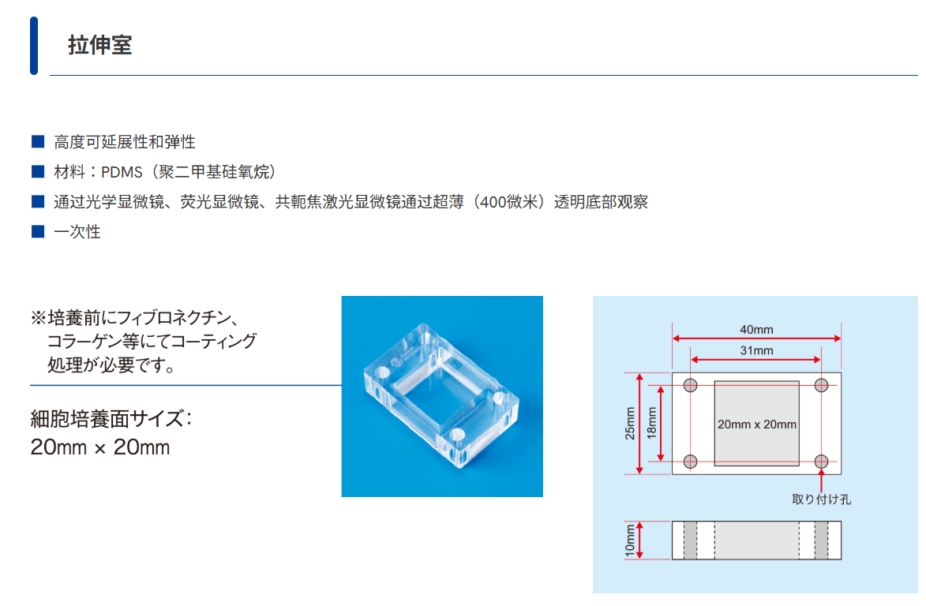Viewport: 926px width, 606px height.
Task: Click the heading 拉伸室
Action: pyautogui.click(x=99, y=45)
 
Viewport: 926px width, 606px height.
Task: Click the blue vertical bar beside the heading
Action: pyautogui.click(x=34, y=46)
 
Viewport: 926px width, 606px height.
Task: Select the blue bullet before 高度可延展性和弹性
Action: pyautogui.click(x=37, y=142)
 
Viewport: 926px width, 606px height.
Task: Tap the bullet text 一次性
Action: pyautogui.click(x=77, y=232)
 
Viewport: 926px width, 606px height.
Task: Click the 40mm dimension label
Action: pyautogui.click(x=756, y=329)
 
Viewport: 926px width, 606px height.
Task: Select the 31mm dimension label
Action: pyautogui.click(x=756, y=350)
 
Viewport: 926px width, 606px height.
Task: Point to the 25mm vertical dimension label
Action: pyautogui.click(x=630, y=424)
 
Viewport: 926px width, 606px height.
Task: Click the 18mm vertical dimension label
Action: pyautogui.click(x=651, y=424)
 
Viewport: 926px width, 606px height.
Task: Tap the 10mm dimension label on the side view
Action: pyautogui.click(x=630, y=541)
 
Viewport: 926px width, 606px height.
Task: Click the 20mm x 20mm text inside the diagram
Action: pyautogui.click(x=757, y=424)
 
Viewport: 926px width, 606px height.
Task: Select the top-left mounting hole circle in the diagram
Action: pyautogui.click(x=691, y=386)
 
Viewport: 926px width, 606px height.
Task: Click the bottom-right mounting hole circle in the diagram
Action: pyautogui.click(x=822, y=461)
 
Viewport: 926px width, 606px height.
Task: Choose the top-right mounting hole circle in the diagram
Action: pyautogui.click(x=822, y=386)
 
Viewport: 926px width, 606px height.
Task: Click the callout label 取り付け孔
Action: pyautogui.click(x=821, y=499)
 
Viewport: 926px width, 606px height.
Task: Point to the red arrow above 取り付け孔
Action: pyautogui.click(x=822, y=481)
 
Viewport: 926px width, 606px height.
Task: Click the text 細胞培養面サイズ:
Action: pyautogui.click(x=111, y=418)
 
